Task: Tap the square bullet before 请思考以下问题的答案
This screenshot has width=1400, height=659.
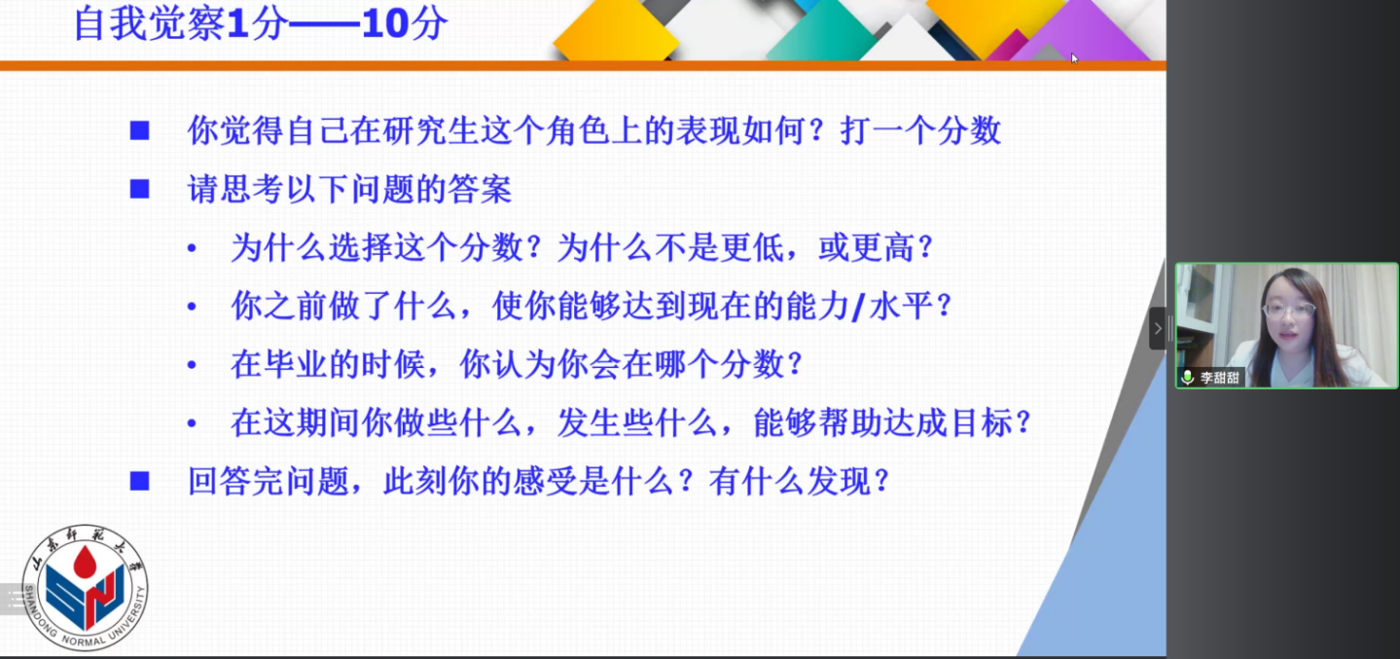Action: pyautogui.click(x=139, y=189)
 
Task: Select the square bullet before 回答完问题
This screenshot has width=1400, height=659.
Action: pyautogui.click(x=139, y=481)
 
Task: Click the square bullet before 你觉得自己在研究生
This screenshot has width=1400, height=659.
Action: pyautogui.click(x=139, y=130)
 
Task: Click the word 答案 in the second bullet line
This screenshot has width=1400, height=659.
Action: pyautogui.click(x=480, y=189)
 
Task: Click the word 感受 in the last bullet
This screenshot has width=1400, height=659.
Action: pyautogui.click(x=545, y=481)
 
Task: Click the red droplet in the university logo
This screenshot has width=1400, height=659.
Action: pyautogui.click(x=85, y=561)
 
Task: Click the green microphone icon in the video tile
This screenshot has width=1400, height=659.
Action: pyautogui.click(x=1188, y=378)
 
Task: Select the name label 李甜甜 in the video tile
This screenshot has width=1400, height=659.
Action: pyautogui.click(x=1219, y=378)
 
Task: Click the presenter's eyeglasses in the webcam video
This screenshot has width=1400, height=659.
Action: pyautogui.click(x=1289, y=310)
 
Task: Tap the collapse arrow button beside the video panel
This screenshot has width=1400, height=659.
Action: pyautogui.click(x=1158, y=328)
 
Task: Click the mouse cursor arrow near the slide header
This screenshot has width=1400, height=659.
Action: pyautogui.click(x=1074, y=58)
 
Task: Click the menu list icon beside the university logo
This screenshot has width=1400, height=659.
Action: pyautogui.click(x=14, y=599)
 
